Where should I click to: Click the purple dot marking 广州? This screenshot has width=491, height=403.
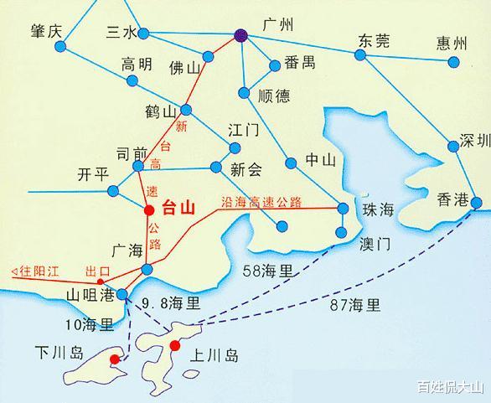pyautogui.click(x=241, y=35)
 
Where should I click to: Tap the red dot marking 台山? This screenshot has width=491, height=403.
pyautogui.click(x=149, y=209)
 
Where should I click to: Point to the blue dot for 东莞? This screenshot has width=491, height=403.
pyautogui.click(x=360, y=54)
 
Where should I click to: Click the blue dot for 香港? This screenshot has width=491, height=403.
pyautogui.click(x=476, y=202)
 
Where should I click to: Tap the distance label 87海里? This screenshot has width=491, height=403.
pyautogui.click(x=355, y=304)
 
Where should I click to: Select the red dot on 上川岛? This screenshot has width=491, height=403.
pyautogui.click(x=175, y=345)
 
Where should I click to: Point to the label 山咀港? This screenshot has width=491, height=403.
pyautogui.click(x=90, y=295)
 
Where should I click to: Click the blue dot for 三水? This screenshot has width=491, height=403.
pyautogui.click(x=143, y=34)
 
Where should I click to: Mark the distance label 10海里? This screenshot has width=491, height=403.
pyautogui.click(x=90, y=323)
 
